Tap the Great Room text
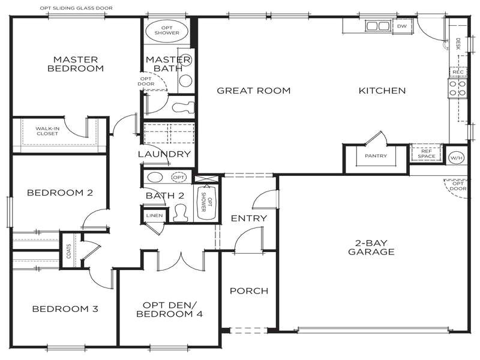253,91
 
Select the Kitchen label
382,91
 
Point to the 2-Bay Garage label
371,247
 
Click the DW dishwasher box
401,26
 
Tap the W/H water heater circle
456,157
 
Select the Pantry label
376,157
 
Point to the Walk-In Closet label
47,131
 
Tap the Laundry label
164,154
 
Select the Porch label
248,291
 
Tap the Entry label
248,218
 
